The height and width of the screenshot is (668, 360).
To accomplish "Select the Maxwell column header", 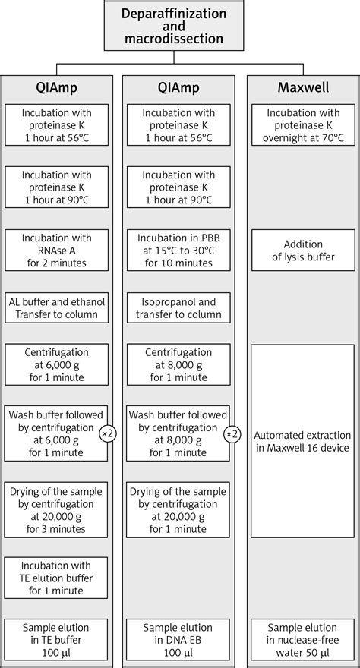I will [x=302, y=88].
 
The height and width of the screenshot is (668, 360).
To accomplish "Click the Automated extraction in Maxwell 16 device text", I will [x=302, y=441].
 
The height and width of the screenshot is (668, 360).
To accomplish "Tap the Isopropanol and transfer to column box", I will [x=179, y=307].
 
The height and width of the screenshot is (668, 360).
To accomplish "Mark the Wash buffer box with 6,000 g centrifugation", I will [x=56, y=433].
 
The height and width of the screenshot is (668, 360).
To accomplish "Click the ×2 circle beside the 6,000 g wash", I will [x=107, y=433].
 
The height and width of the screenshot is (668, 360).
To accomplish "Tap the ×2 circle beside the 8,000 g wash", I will [x=229, y=433].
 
